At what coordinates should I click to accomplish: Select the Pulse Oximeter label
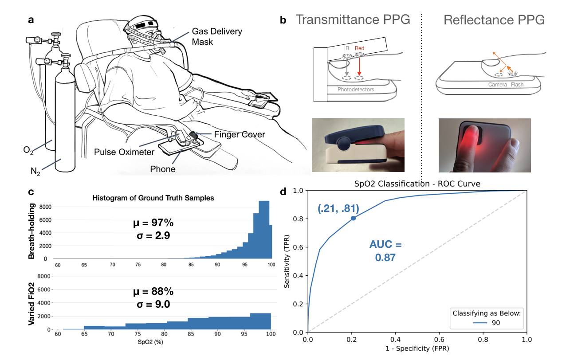point(124,152)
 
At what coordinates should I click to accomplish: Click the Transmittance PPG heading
point(354,20)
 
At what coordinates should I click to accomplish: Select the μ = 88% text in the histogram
point(153,292)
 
